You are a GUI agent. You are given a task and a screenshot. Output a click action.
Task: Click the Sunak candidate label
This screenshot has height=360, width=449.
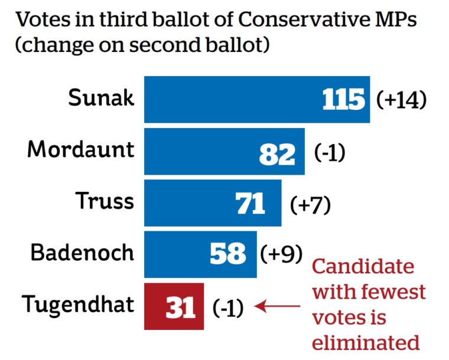click(101, 98)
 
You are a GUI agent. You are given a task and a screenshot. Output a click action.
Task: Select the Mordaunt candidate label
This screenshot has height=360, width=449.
click(81, 150)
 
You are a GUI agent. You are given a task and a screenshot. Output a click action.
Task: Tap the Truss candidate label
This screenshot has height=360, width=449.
click(105, 201)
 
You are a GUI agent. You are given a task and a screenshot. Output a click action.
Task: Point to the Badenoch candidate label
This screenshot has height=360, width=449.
click(83, 253)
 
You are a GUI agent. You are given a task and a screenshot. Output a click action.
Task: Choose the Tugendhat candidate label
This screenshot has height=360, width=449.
click(78, 305)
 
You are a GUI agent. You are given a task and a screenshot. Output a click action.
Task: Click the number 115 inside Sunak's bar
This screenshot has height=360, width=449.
click(344, 100)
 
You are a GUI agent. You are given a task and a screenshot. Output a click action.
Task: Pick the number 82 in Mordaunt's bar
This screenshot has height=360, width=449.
click(277, 153)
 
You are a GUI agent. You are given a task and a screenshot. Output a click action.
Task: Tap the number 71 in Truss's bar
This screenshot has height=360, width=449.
click(251, 204)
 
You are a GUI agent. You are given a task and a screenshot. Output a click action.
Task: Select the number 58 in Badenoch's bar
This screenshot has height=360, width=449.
click(228, 254)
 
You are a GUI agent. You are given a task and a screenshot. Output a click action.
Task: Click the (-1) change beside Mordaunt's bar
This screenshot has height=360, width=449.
click(329, 153)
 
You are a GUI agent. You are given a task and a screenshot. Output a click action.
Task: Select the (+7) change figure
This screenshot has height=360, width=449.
click(310, 204)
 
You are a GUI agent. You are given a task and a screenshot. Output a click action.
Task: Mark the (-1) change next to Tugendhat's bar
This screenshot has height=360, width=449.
click(228, 308)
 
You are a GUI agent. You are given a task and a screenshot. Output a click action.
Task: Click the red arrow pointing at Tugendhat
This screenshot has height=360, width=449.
click(278, 306)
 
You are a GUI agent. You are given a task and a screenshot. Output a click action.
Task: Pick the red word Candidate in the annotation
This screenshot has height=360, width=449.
click(363, 266)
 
